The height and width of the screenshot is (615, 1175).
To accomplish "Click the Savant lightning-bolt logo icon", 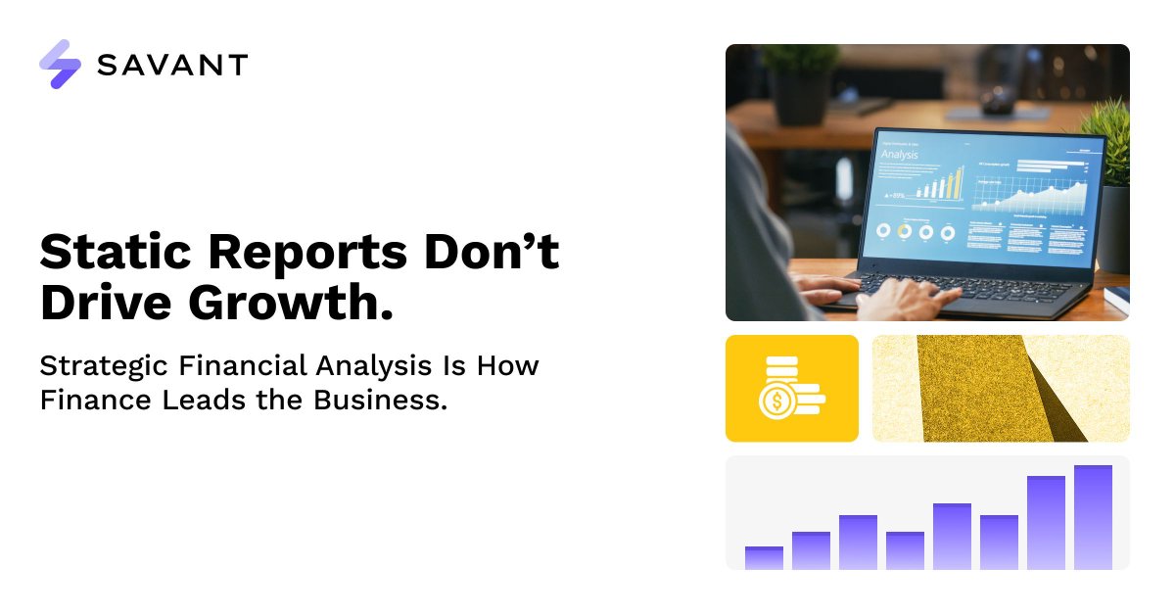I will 60,65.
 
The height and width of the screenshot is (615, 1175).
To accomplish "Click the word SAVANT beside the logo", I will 172,66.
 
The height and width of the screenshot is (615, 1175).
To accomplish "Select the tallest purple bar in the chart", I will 1093,517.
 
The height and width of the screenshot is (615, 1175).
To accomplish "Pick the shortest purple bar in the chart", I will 764,558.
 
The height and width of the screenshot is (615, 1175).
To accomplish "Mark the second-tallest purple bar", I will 1046,522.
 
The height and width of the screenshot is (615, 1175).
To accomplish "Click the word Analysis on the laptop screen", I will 901,154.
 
